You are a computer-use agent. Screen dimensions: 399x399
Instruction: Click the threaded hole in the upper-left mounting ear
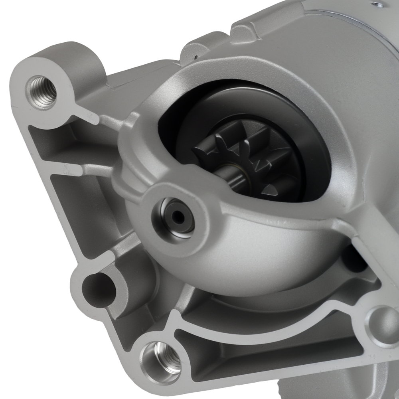click(41, 92)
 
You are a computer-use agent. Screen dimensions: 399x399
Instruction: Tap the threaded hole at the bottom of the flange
click(161, 358)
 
